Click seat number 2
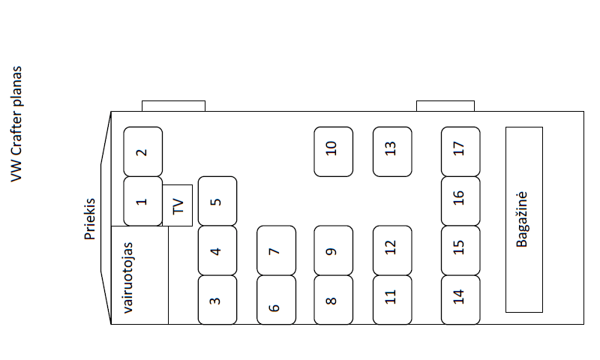(142, 151)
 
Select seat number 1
(142, 201)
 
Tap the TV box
(178, 205)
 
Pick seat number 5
(217, 201)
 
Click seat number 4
(217, 250)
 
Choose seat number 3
(217, 300)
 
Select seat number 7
(276, 250)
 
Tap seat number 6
(276, 300)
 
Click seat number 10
(333, 151)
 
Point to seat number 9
(333, 250)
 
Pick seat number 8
(333, 300)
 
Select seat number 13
(392, 151)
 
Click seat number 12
(392, 250)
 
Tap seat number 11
(392, 300)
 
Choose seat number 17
(460, 151)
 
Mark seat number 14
(460, 300)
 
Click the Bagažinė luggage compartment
(523, 219)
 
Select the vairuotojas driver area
(139, 275)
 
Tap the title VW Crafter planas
(16, 124)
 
